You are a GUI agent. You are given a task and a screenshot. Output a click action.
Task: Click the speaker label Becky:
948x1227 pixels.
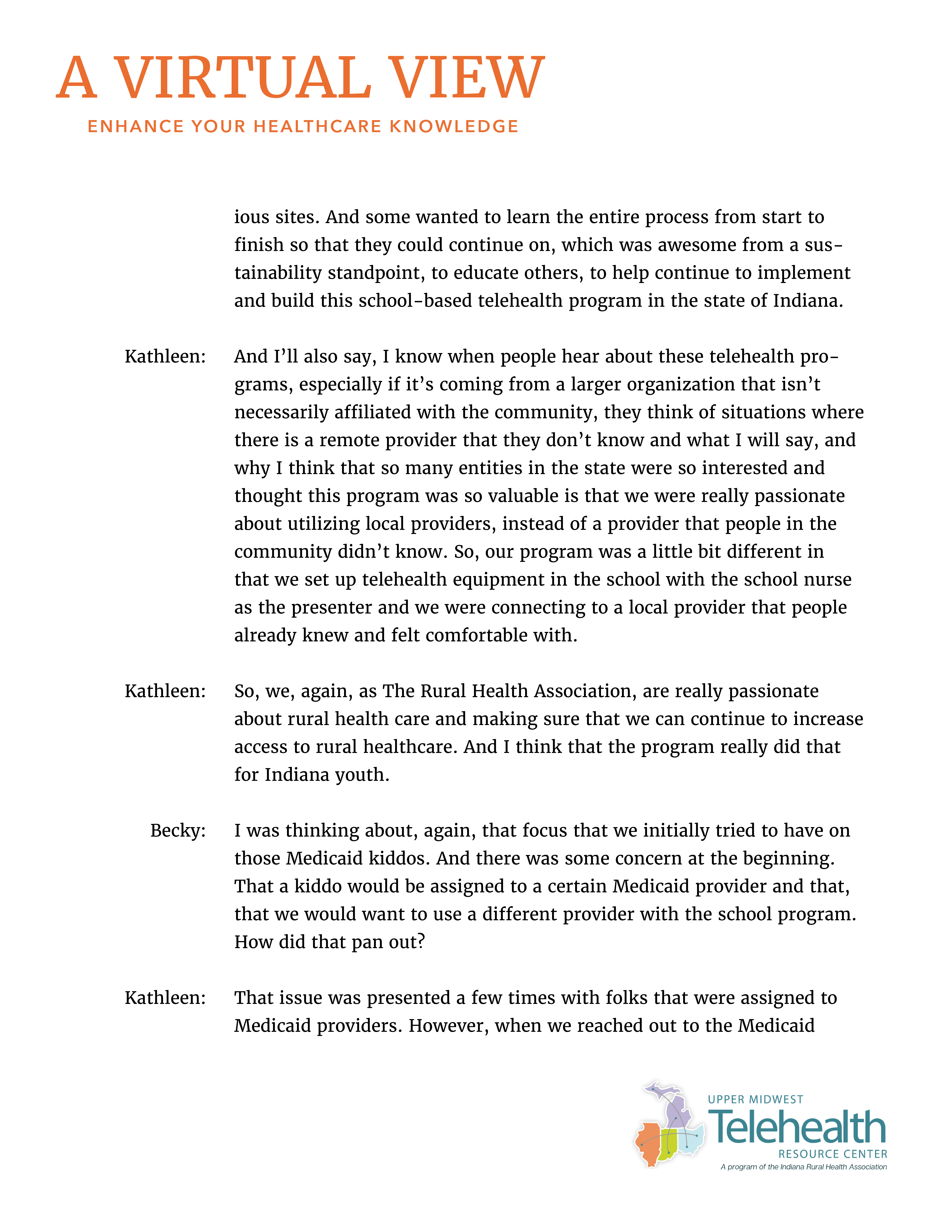(x=178, y=830)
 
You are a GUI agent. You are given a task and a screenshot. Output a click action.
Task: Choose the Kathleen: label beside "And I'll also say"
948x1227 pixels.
(x=165, y=356)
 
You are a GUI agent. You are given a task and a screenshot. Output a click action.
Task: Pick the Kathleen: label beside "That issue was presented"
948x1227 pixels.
(x=165, y=998)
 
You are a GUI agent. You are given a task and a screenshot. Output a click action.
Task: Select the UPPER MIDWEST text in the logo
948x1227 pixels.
(x=755, y=1099)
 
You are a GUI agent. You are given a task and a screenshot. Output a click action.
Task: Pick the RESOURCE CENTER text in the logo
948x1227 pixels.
(x=832, y=1154)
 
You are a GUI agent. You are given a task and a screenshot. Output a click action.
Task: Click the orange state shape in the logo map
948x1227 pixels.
(x=649, y=1143)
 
